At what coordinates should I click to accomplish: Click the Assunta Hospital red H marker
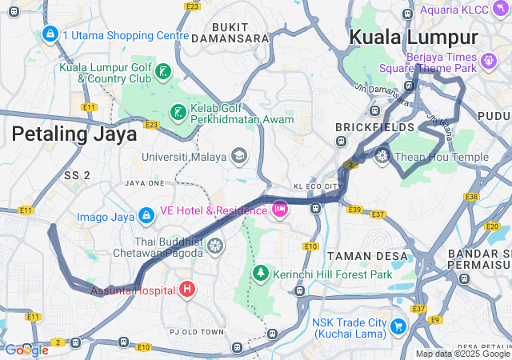pos(186,289)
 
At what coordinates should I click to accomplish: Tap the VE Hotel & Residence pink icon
pos(279,210)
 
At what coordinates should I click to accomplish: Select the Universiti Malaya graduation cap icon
pos(239,156)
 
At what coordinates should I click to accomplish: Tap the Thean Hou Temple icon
pos(382,156)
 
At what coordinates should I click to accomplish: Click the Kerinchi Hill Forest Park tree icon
pos(260,274)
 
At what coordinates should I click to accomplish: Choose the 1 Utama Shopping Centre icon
pos(50,34)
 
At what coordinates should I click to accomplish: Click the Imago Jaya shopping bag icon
pos(146,216)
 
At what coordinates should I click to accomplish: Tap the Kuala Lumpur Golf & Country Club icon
pos(162,73)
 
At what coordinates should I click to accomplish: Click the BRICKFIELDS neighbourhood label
pos(375,127)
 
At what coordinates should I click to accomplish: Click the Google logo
pos(26,350)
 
